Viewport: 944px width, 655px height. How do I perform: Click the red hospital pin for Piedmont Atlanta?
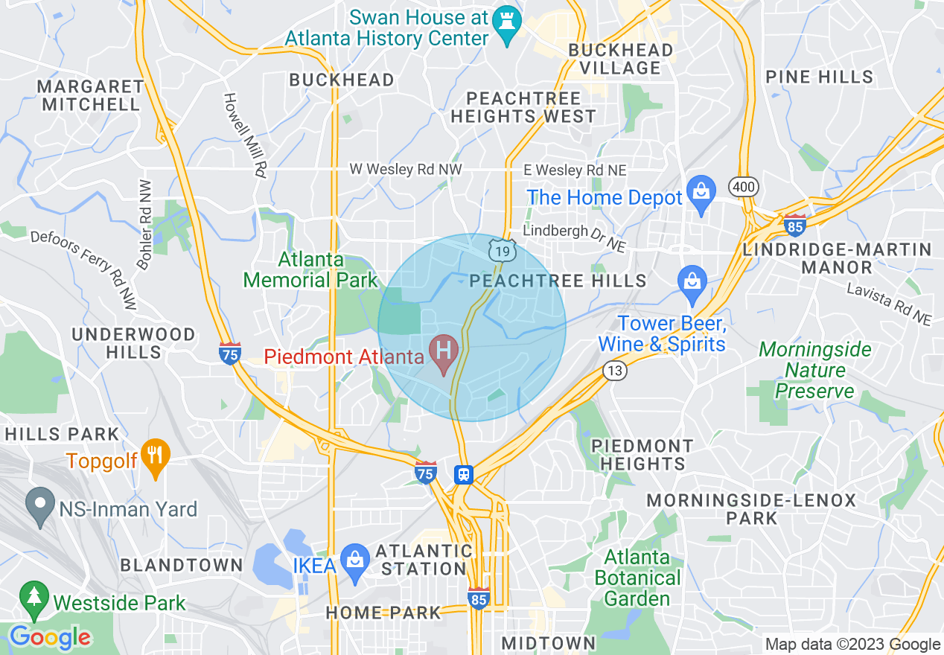445,349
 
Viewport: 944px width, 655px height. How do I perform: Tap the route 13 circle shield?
615,371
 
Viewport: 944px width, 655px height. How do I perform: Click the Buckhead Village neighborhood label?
621,59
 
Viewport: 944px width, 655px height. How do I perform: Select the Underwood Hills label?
134,342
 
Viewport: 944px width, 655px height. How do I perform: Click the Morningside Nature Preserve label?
815,370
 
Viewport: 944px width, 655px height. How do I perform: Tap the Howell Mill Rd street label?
246,135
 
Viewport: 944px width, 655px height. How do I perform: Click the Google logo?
49,637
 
